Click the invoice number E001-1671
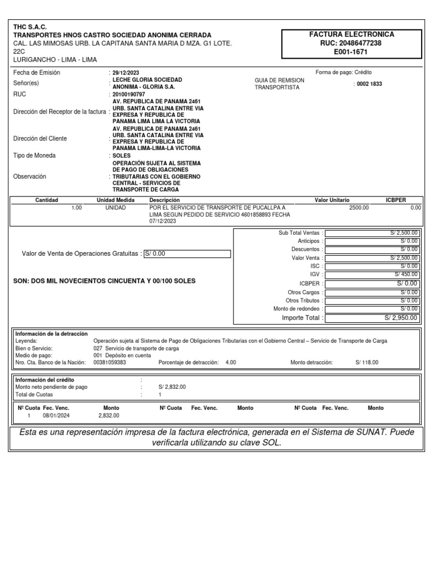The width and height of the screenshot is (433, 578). pos(352,51)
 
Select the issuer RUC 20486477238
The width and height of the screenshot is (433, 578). pos(352,43)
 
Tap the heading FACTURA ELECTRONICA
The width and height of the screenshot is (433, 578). pos(352,34)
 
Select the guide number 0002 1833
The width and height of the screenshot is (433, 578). pos(370,84)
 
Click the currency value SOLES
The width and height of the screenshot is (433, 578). pos(122,155)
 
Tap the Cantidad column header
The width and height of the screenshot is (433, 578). pos(47,200)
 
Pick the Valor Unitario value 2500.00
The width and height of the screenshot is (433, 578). pos(359,208)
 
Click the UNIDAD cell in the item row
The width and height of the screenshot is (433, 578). pos(116,208)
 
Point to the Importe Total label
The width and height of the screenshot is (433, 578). pos(302,318)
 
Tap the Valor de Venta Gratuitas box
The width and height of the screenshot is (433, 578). pos(187,254)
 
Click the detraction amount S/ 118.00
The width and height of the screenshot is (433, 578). pos(368,362)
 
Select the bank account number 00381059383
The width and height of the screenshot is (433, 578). pos(109,362)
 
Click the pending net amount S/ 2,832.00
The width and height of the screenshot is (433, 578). pos(172,387)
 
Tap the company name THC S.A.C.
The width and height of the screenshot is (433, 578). pos(30,27)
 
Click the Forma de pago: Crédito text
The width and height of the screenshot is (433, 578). pos(344,72)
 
